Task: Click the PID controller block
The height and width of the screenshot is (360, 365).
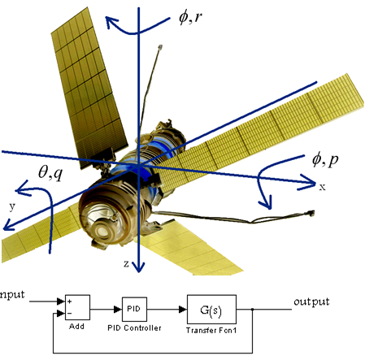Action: pos(134,309)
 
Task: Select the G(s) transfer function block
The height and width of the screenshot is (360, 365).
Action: pos(211,310)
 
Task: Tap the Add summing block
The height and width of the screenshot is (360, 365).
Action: pos(77,307)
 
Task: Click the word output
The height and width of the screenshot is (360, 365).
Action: pos(311,301)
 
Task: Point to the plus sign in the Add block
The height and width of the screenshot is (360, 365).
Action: pos(70,301)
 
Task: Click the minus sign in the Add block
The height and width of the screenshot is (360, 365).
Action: pos(70,314)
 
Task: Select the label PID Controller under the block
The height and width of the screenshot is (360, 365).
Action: pos(134,328)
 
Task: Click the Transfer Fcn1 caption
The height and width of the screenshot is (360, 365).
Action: pos(211,330)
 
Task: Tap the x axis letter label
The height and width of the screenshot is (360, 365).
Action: pos(322,187)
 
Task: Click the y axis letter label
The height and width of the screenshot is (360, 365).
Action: pos(12,207)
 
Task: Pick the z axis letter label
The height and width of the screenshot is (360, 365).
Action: pos(126,263)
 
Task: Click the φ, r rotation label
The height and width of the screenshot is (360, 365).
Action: pos(191,18)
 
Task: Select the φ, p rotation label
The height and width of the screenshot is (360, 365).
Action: pos(325,160)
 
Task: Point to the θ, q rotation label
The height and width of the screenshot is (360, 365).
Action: pos(50,172)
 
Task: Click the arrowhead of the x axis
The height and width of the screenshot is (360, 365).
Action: pos(311,183)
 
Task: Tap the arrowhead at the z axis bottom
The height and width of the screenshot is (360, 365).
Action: pos(139,267)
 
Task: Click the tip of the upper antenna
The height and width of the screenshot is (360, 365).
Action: pos(160,47)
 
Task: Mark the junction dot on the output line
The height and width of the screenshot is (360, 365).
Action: pos(253,310)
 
